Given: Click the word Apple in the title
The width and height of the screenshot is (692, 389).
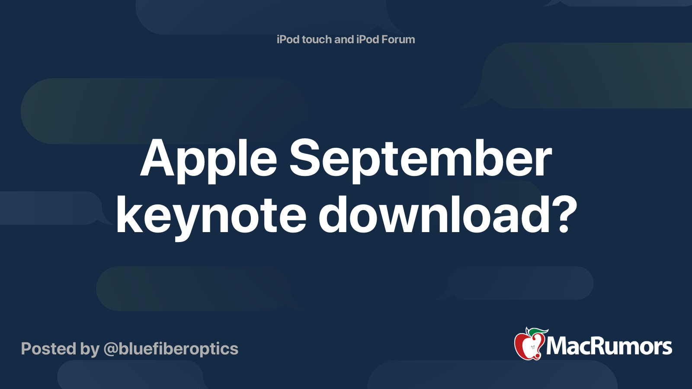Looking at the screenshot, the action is (x=208, y=160).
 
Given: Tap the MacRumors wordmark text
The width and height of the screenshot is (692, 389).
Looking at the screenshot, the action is (x=609, y=346).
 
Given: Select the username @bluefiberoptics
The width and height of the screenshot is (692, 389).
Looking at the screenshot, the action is (x=171, y=349).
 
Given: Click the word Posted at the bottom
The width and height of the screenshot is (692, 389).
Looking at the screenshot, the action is (x=48, y=348).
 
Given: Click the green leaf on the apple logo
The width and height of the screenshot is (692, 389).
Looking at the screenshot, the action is (x=538, y=332).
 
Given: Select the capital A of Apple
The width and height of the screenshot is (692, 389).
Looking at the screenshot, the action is (x=157, y=158).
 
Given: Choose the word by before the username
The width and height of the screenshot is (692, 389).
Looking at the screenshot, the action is (x=90, y=350).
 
